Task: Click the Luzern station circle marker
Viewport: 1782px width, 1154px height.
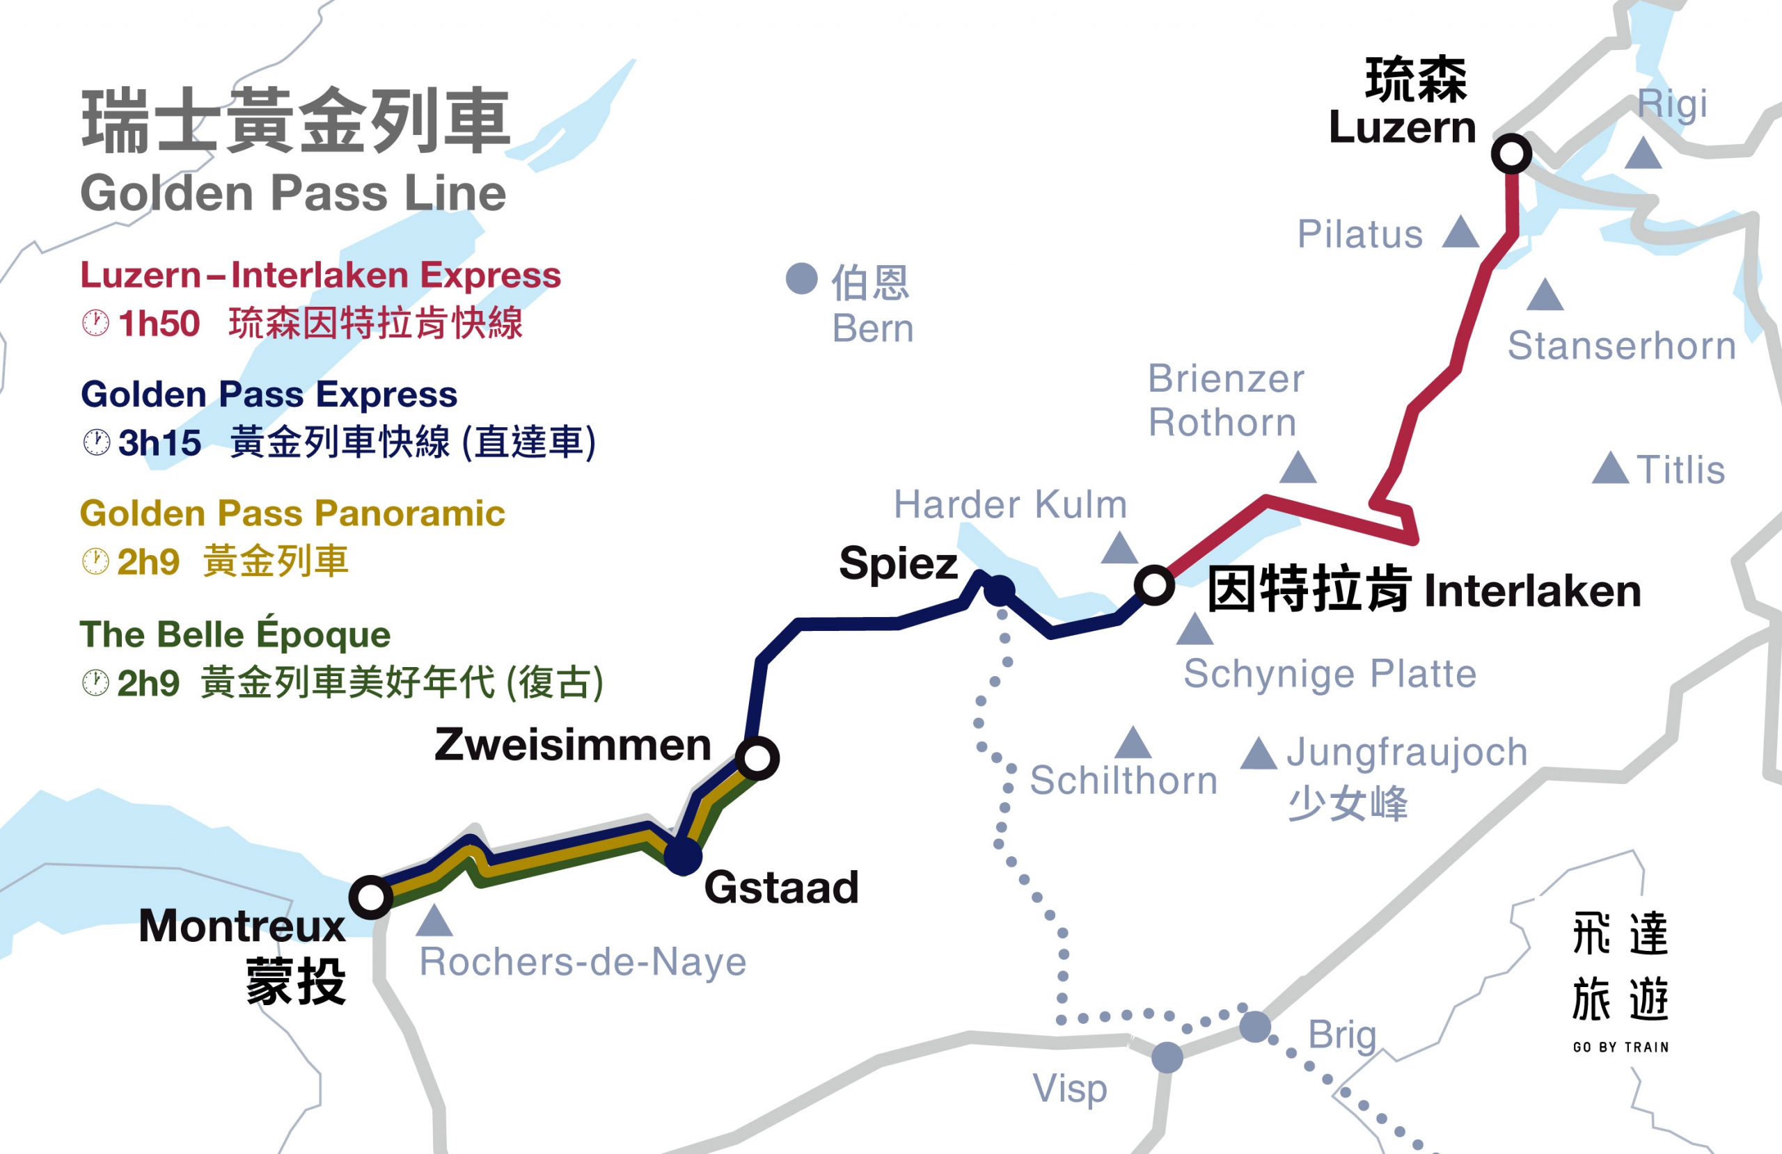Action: pos(1511,154)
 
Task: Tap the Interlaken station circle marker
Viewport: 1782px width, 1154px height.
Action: pos(1154,585)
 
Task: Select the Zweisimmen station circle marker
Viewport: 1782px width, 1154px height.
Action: pos(757,758)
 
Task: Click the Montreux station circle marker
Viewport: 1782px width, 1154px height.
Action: pos(370,897)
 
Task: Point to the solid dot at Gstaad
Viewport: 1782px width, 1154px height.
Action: pos(683,856)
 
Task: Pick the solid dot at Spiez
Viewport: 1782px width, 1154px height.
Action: pos(999,591)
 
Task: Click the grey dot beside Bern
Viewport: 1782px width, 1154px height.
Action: pos(801,278)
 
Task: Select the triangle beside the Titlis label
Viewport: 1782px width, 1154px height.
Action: pos(1610,470)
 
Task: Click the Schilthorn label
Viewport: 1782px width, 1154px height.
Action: pos(1123,781)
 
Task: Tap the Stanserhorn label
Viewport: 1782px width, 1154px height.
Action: pos(1621,346)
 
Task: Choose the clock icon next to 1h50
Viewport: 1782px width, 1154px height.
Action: pos(96,323)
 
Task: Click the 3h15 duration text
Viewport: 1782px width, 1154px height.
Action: pos(159,442)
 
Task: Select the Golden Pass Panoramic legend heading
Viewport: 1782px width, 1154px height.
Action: pos(292,513)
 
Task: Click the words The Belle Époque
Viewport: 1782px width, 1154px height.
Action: pos(235,634)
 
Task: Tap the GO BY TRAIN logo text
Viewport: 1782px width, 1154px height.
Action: pos(1621,1047)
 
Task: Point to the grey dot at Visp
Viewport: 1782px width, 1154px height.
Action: pos(1167,1057)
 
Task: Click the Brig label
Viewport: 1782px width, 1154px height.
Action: pos(1342,1035)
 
